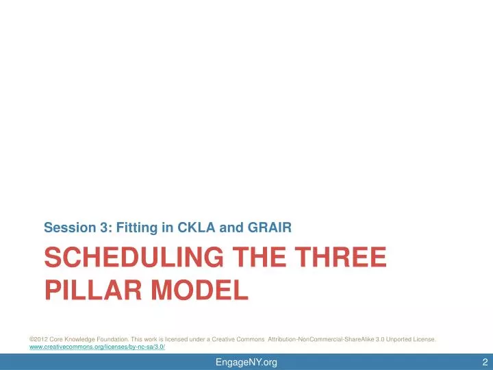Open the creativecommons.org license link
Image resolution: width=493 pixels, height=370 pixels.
click(97, 347)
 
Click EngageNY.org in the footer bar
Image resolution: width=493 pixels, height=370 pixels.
click(246, 362)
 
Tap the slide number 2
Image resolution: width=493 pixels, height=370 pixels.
click(484, 362)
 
